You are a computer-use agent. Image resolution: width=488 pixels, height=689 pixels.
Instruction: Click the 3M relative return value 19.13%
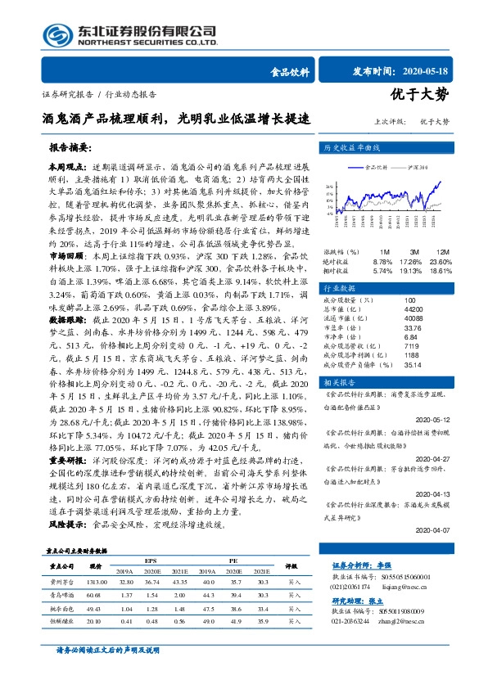412,269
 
